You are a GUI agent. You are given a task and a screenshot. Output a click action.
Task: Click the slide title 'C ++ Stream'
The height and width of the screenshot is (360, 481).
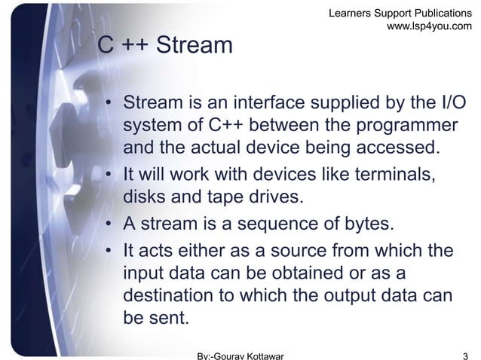[x=166, y=46]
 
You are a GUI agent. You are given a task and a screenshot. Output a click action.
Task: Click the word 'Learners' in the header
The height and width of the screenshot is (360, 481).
[x=351, y=11]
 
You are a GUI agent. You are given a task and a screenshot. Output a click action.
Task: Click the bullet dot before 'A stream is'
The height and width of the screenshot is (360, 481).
[x=109, y=227]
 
